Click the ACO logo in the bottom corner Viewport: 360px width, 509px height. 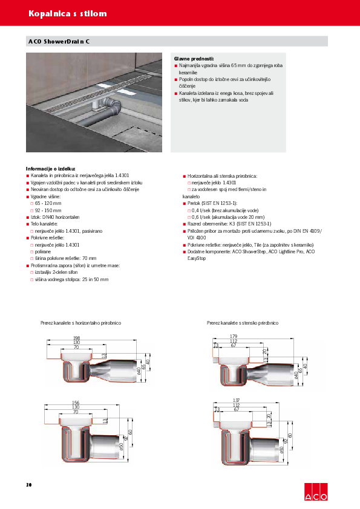tap(314, 491)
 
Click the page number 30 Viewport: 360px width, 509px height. tap(28, 485)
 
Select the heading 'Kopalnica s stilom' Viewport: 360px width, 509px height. tap(68, 13)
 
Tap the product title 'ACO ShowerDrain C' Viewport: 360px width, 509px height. tap(59, 42)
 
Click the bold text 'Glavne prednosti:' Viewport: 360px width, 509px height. tap(191, 57)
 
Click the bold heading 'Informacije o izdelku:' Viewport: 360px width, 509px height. tap(50, 169)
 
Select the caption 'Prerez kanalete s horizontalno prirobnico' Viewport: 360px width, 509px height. tap(81, 323)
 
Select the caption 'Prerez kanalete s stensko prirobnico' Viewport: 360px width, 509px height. tap(243, 323)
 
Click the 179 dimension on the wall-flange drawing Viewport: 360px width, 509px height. tap(234, 336)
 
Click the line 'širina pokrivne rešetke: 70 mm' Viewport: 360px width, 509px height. tap(65, 258)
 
